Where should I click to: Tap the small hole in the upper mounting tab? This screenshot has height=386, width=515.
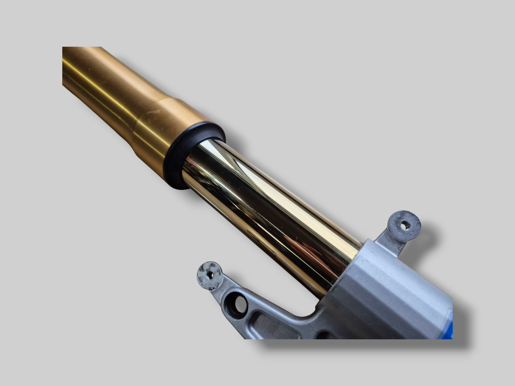pos(404,225)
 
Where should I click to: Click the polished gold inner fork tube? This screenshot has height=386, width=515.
pos(271,210)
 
